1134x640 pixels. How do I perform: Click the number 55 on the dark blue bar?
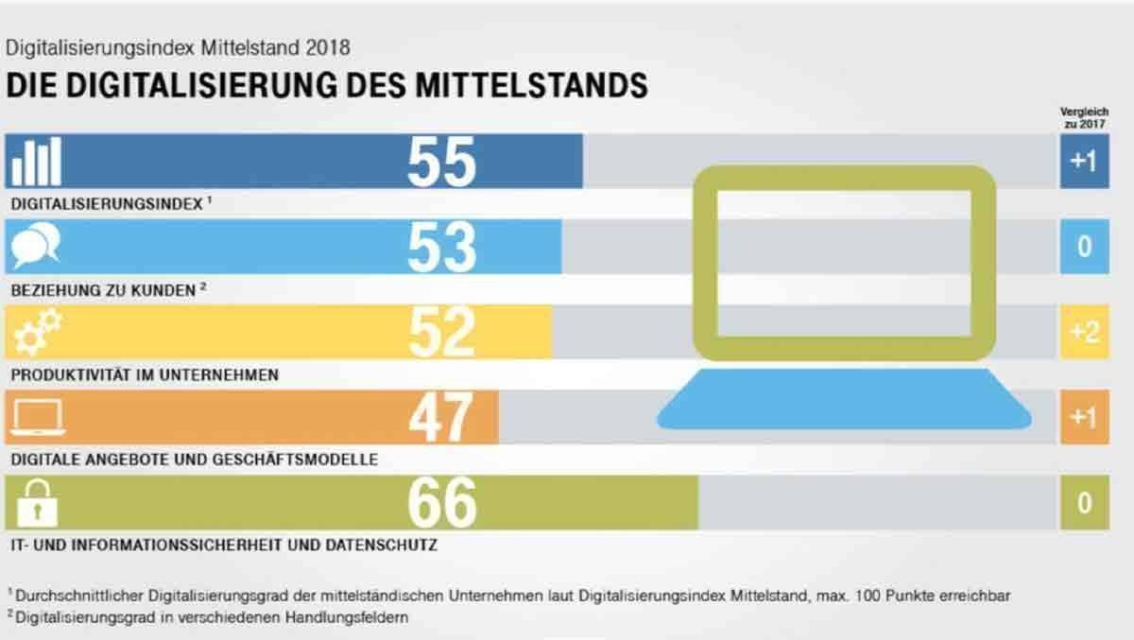(x=441, y=162)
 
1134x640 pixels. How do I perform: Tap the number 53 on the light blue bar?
(x=441, y=247)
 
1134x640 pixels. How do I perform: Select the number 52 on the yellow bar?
(x=441, y=332)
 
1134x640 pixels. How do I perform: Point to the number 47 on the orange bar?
(x=440, y=417)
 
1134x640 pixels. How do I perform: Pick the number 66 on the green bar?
(x=441, y=502)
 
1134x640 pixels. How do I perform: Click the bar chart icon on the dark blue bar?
(x=36, y=162)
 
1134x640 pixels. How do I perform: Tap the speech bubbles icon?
(x=36, y=246)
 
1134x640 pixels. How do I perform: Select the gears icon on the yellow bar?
(x=36, y=331)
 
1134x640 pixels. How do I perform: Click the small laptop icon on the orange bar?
(x=36, y=416)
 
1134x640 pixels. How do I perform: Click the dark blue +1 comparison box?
(x=1083, y=162)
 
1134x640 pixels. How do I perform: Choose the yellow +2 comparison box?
(x=1083, y=332)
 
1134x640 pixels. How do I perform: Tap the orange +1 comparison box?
(x=1083, y=417)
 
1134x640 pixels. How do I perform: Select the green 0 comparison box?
(x=1083, y=502)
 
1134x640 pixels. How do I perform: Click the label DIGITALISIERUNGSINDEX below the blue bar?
(x=106, y=203)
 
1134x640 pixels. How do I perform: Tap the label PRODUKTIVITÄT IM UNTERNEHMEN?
(x=144, y=374)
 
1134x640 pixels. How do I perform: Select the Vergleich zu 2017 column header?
(x=1083, y=117)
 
